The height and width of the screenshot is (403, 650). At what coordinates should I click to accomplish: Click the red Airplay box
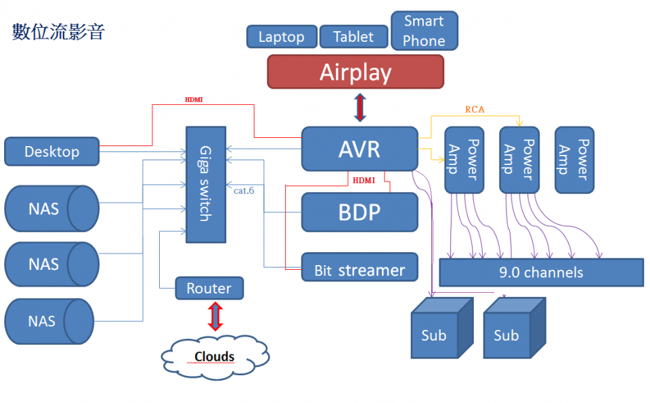355,72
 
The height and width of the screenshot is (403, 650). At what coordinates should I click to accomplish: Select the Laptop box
281,37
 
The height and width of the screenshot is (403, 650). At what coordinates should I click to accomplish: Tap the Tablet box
353,37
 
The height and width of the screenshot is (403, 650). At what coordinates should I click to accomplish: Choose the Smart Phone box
425,31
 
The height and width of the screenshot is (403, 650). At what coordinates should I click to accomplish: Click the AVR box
359,149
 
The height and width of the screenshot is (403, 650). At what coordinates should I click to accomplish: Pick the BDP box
359,212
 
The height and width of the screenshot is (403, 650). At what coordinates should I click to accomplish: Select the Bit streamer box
359,270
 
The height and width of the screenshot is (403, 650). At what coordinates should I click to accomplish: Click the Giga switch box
205,184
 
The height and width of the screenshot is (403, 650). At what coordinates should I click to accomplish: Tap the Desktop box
51,151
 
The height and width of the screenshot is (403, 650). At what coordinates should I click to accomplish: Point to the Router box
209,288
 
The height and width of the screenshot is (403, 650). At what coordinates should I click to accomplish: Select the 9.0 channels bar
541,272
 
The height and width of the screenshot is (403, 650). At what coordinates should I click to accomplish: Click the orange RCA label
475,109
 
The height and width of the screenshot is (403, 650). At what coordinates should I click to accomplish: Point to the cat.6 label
244,191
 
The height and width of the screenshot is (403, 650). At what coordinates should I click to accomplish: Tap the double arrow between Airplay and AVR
360,107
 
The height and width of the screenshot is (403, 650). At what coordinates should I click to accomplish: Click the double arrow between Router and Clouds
215,316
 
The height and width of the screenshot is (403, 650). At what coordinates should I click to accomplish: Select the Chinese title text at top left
58,32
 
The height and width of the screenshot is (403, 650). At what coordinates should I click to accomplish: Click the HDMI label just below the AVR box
364,180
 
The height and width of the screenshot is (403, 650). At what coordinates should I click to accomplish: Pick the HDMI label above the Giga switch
194,99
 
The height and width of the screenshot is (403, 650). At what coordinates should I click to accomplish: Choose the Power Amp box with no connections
574,160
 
